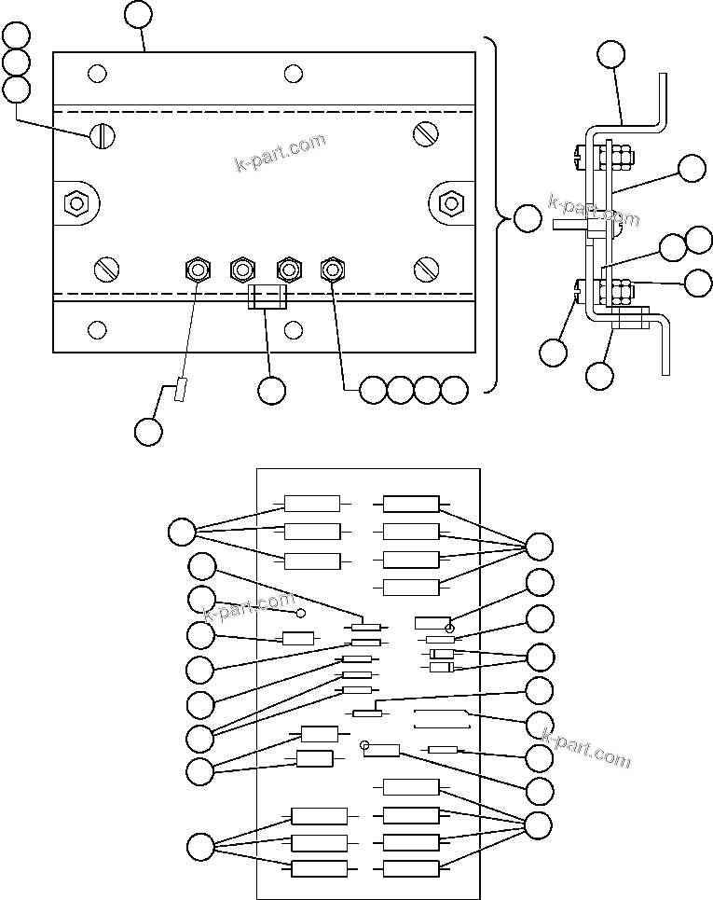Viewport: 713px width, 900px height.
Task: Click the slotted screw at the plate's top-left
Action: [103, 136]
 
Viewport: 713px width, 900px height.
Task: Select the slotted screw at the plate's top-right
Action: [426, 134]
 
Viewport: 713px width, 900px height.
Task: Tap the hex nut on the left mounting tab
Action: [75, 202]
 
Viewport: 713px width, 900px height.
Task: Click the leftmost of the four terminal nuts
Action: [198, 270]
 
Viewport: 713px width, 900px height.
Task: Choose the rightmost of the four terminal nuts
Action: [332, 270]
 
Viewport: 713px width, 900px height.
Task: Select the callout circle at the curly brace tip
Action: [528, 219]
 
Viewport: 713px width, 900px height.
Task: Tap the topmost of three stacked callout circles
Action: [16, 36]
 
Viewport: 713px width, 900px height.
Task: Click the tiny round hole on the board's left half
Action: [301, 613]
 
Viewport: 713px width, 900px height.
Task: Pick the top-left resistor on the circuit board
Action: [312, 505]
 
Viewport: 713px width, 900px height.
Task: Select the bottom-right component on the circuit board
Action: [411, 868]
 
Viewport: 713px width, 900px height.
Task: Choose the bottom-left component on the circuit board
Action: [319, 868]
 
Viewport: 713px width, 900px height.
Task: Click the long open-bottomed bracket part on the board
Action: [442, 719]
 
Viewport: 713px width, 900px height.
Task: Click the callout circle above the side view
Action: [611, 54]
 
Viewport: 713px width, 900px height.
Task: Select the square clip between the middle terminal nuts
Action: [267, 298]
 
